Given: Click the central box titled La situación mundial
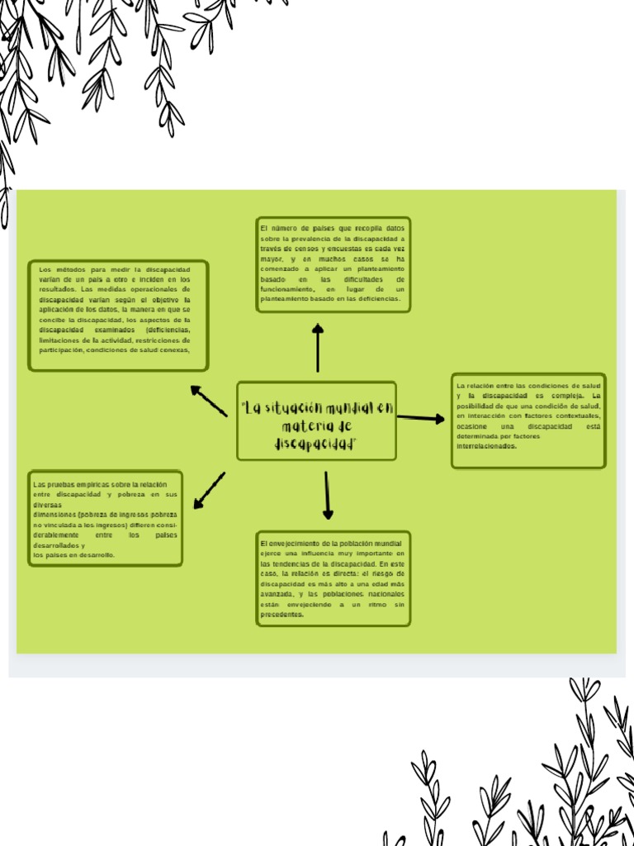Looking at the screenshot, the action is [316, 421].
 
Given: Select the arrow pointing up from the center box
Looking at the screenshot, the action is [318, 348].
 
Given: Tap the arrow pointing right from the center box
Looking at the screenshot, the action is [420, 418].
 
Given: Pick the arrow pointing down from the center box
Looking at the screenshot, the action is [327, 495].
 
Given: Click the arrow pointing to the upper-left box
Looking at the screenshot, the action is [208, 401].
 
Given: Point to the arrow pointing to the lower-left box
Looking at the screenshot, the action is [209, 490].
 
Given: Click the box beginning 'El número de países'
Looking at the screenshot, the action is [333, 264].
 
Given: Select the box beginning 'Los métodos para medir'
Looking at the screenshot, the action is [118, 316].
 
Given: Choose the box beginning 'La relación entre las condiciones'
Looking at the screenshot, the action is [528, 420].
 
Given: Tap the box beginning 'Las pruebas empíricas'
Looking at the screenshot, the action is [105, 519].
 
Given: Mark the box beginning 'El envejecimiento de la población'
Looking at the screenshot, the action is [333, 578].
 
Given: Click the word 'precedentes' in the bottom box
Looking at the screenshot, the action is [282, 615].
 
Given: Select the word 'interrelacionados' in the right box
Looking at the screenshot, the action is [486, 446].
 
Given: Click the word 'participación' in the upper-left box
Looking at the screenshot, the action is [60, 349].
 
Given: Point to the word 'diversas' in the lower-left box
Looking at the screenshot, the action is [47, 504].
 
